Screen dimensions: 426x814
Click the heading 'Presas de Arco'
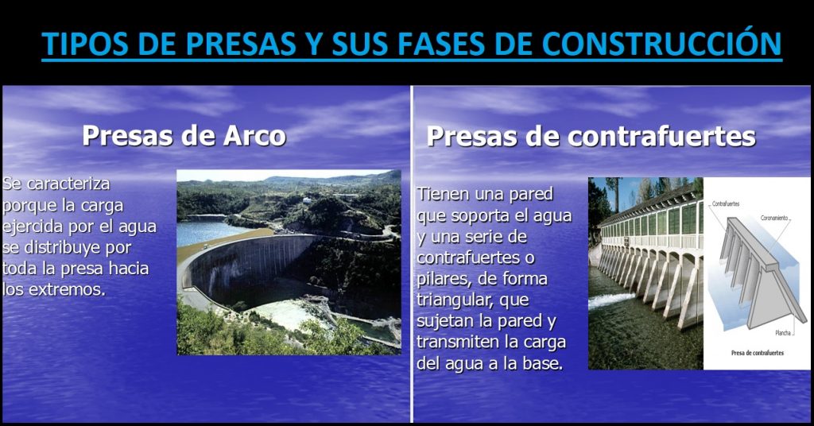[x=184, y=135]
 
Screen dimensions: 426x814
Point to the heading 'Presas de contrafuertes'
[x=591, y=136]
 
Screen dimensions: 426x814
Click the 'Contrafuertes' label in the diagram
[x=726, y=204]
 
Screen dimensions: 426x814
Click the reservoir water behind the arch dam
[x=203, y=232]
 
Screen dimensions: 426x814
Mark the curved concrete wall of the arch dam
[x=238, y=266]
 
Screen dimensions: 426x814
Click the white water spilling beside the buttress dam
[x=612, y=300]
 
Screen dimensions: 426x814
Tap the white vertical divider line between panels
[x=412, y=254]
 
